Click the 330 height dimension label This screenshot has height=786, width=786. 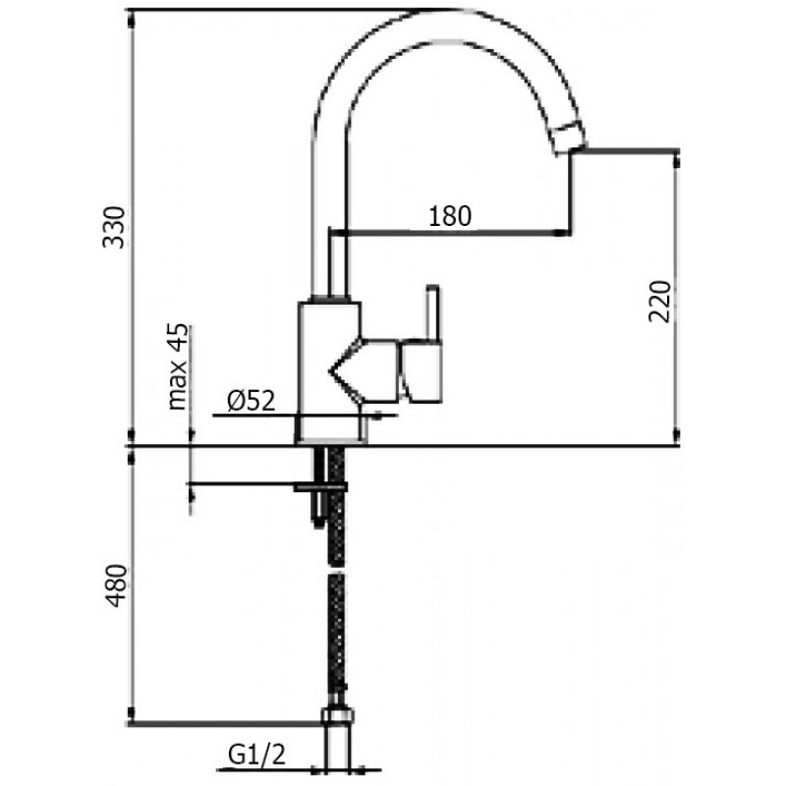(114, 227)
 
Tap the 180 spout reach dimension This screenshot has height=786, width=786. (450, 216)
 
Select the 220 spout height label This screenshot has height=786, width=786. (659, 302)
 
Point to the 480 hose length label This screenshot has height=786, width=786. (118, 586)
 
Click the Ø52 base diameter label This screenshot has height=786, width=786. (252, 401)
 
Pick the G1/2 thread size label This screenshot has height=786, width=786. (257, 755)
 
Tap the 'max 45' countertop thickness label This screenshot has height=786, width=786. (178, 366)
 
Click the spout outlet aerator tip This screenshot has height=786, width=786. (568, 137)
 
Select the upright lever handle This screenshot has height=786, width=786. (432, 312)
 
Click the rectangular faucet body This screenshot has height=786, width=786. (328, 372)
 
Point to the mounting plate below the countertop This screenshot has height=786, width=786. (321, 486)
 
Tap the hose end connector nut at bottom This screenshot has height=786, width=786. (337, 715)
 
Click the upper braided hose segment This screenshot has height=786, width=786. (337, 506)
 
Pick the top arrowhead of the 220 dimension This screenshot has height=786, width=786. (676, 161)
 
